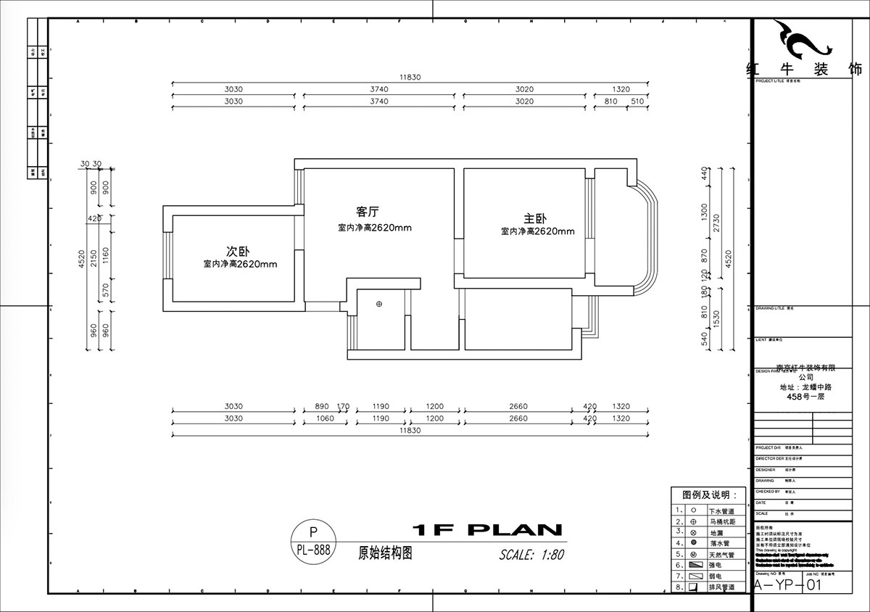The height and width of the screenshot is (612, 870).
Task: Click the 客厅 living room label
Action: pos(368,212)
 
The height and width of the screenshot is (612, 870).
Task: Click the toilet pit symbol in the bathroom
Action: pos(379,305)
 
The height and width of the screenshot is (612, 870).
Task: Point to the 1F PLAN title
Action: pos(486,530)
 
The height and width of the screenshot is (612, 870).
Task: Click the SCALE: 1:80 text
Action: pos(531,555)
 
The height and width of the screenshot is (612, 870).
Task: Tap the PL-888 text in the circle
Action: pos(313,550)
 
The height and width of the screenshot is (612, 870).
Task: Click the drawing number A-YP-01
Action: pos(788,585)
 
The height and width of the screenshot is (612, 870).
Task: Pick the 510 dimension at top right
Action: pos(638,102)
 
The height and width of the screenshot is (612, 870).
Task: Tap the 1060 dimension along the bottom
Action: pos(325,418)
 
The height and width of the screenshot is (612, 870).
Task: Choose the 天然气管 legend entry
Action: pos(721,555)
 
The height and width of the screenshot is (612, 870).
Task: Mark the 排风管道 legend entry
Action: pos(721,587)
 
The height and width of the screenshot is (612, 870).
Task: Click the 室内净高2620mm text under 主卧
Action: pos(537,232)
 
